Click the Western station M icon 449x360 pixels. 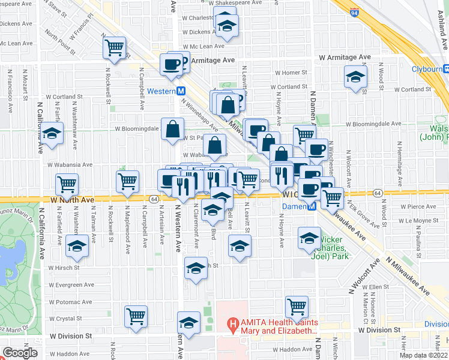click(x=180, y=91)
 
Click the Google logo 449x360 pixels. click(x=20, y=353)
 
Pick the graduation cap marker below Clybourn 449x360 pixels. click(x=355, y=77)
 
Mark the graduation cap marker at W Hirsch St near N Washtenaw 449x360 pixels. click(x=77, y=245)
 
